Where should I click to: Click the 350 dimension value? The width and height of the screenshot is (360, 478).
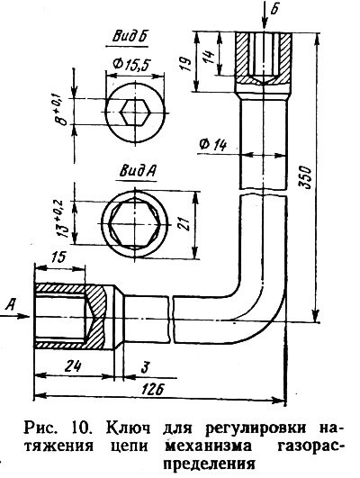tap(305, 177)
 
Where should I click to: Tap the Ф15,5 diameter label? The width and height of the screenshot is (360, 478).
tap(131, 64)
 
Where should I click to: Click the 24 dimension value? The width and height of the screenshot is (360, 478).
tap(74, 365)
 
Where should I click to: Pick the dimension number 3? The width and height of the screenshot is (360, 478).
tap(145, 367)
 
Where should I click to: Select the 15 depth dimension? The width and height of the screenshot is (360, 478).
tap(58, 257)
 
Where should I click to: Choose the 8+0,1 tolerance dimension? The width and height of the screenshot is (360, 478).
tap(62, 111)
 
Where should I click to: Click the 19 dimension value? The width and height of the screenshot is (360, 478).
tap(185, 64)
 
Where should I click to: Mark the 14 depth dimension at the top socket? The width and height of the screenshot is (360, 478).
tap(210, 57)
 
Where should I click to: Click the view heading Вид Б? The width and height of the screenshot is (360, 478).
tap(130, 37)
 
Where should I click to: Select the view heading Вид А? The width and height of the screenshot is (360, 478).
tap(137, 171)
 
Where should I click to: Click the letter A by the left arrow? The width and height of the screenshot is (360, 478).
tap(11, 304)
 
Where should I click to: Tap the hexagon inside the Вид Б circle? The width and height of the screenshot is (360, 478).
tap(134, 112)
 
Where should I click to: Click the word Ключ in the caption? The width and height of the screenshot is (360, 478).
tap(128, 428)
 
